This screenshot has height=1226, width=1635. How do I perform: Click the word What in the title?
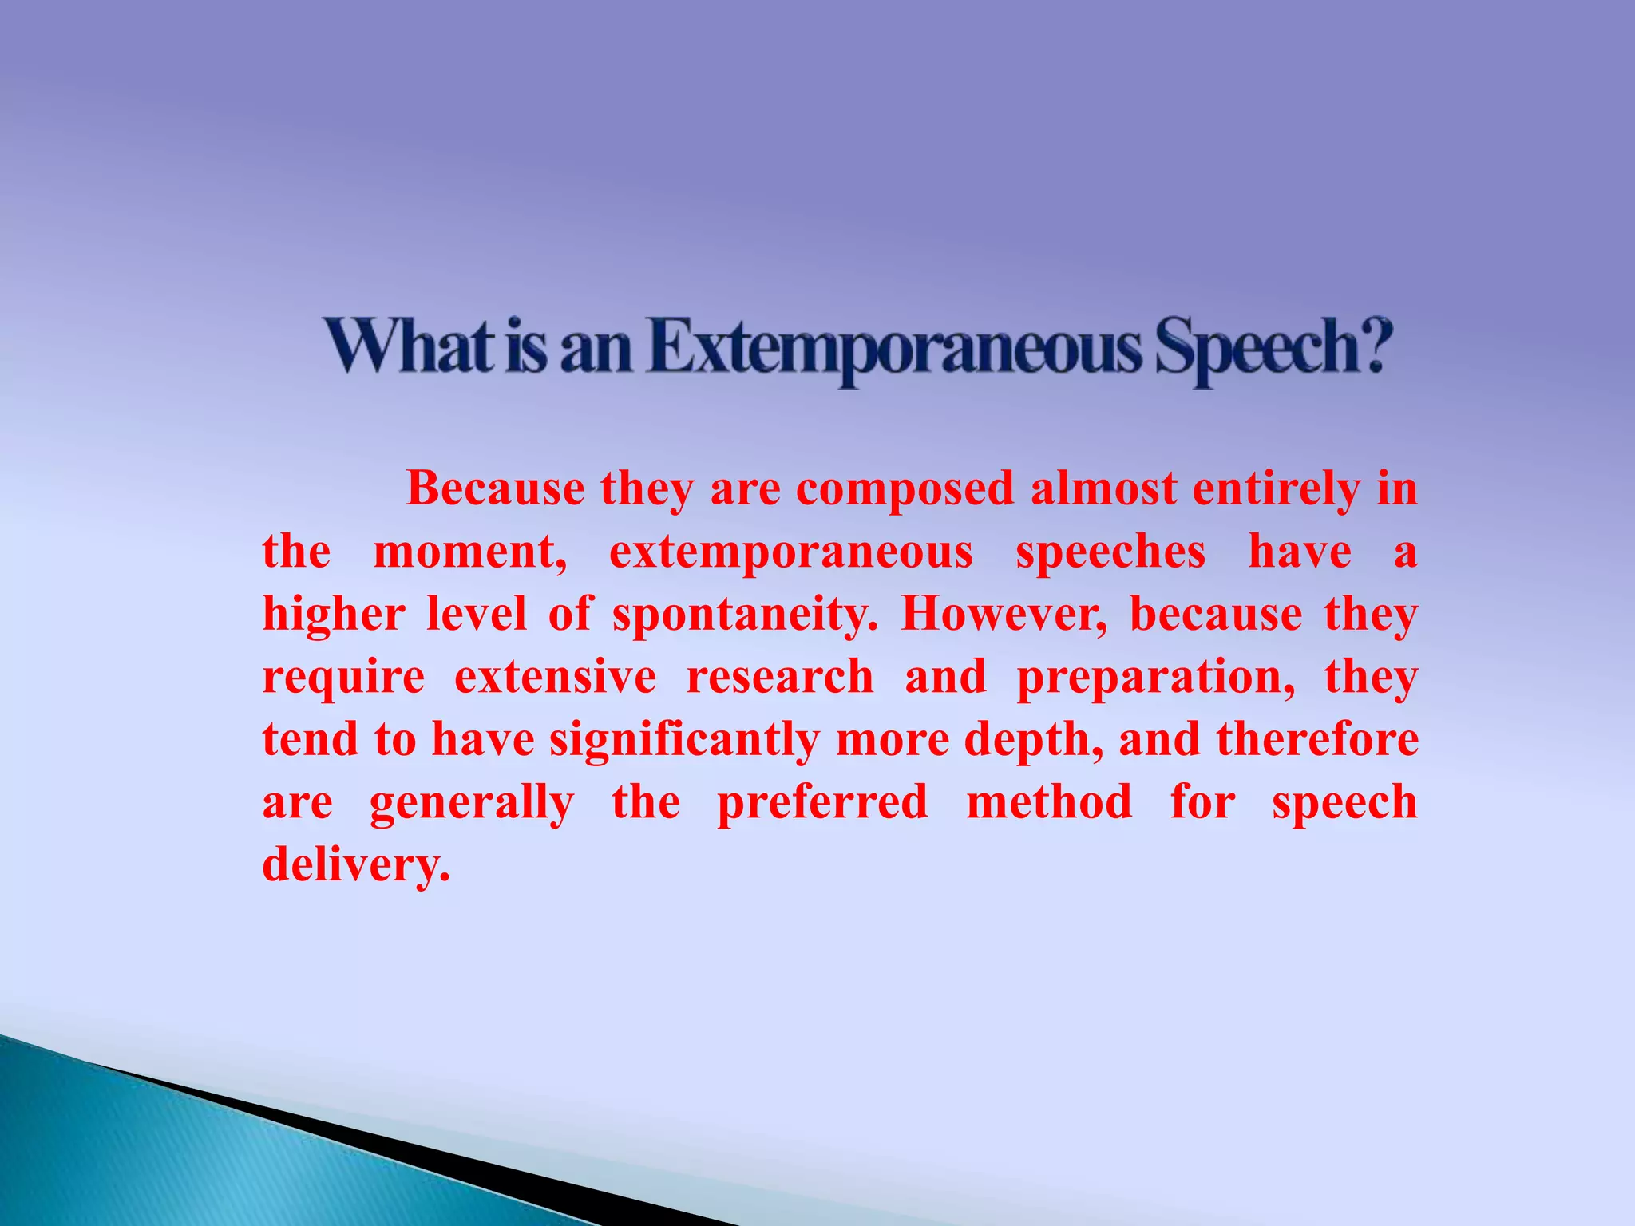click(x=410, y=347)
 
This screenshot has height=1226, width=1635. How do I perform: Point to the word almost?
click(x=1103, y=488)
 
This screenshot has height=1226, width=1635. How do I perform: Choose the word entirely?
click(x=1276, y=489)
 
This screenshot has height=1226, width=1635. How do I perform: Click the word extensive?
click(x=556, y=677)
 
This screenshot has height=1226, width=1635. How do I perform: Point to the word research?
click(x=780, y=677)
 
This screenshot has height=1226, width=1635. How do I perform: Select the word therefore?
click(x=1317, y=739)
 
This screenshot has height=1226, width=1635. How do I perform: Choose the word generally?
click(x=472, y=803)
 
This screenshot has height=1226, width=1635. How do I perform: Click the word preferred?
click(x=822, y=803)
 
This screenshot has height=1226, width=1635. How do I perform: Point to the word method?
click(x=1049, y=801)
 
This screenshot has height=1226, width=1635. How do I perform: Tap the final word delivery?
click(x=356, y=865)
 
